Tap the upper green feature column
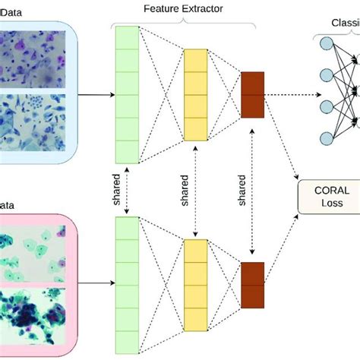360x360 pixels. point(126,95)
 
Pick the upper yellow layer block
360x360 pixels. point(195,95)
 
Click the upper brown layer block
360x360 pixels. point(251,95)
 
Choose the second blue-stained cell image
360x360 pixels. point(33,125)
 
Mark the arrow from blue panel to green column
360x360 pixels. point(95,95)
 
